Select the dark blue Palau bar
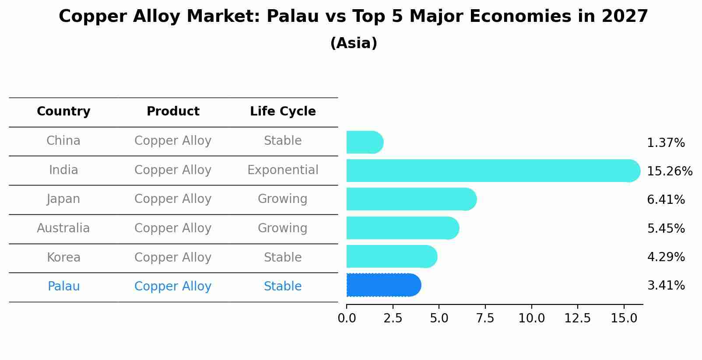tap(383, 285)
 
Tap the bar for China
tap(365, 142)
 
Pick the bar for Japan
tap(411, 199)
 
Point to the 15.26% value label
tap(669, 171)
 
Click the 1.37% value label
tap(666, 143)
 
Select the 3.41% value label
tap(666, 286)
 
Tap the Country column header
tap(63, 112)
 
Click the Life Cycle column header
tap(283, 112)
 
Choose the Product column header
tap(173, 112)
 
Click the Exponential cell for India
tap(283, 170)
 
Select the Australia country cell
tap(63, 228)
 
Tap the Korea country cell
tap(63, 257)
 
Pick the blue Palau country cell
tap(63, 287)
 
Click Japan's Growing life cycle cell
tap(283, 199)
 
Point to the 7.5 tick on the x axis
tap(485, 318)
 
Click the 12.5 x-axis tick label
tap(578, 318)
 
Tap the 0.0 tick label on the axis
tap(347, 318)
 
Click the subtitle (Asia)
tap(354, 43)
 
